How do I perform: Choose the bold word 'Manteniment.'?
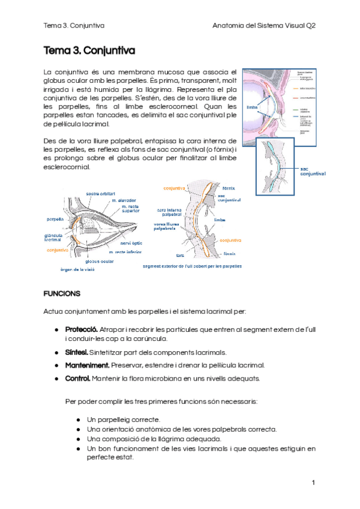coord(87,366)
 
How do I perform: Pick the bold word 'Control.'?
coord(77,379)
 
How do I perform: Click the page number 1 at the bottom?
coord(313,483)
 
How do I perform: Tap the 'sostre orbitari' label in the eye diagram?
coord(101,193)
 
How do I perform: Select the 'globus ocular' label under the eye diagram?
coord(100,262)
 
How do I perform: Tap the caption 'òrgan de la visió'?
coord(77,270)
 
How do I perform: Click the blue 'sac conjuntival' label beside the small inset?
coord(313,171)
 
